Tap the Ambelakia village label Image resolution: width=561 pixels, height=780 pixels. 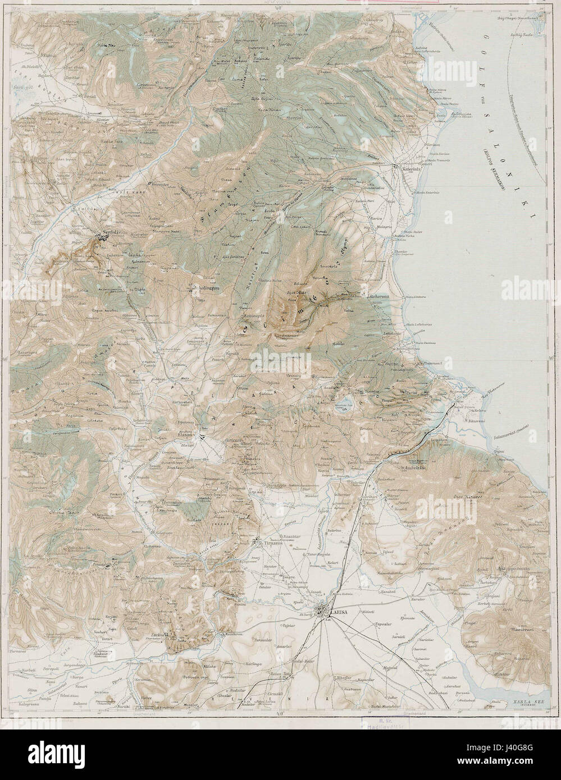415,467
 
